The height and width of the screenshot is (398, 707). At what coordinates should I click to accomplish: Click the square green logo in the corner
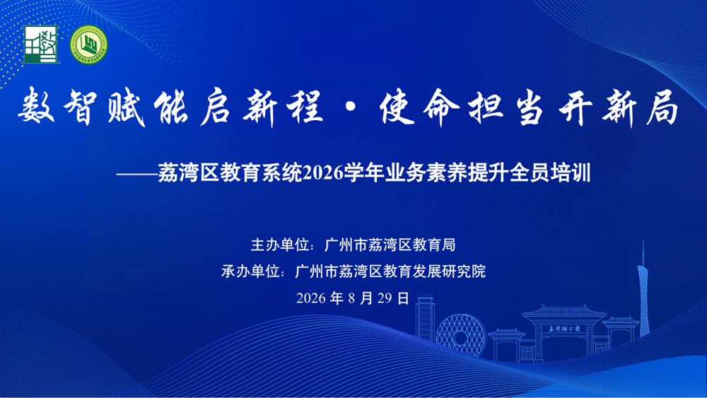[41, 44]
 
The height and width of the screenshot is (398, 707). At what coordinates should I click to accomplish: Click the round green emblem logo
[89, 45]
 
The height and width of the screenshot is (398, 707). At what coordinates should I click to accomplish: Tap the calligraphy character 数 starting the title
[37, 106]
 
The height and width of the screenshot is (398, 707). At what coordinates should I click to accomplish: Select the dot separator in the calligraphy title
[351, 107]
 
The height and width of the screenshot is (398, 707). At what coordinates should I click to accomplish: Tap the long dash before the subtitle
[136, 174]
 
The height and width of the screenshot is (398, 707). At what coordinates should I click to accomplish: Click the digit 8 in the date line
[351, 298]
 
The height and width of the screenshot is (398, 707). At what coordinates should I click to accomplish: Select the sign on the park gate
[564, 329]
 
